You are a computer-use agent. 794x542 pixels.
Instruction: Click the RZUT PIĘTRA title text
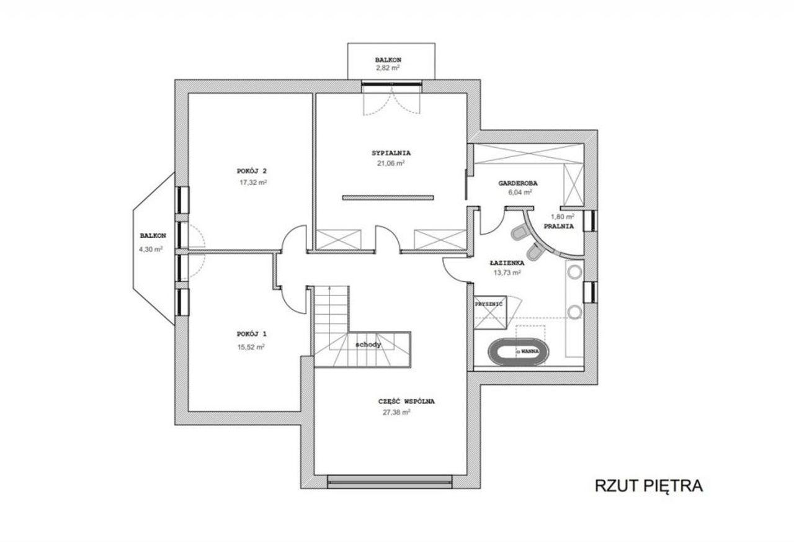pyautogui.click(x=648, y=486)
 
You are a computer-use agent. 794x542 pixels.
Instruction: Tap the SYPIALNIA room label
pyautogui.click(x=391, y=153)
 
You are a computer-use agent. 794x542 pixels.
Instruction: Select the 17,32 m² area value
pyautogui.click(x=253, y=183)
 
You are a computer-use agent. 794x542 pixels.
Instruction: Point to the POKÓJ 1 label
pyautogui.click(x=252, y=334)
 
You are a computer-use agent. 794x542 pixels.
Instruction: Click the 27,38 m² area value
pyautogui.click(x=396, y=412)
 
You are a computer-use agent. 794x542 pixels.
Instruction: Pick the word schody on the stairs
pyautogui.click(x=368, y=345)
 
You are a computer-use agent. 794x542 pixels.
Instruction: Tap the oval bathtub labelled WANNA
pyautogui.click(x=518, y=352)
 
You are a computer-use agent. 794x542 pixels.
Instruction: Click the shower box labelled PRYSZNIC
pyautogui.click(x=491, y=312)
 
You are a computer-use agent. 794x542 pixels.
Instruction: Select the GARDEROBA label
pyautogui.click(x=518, y=183)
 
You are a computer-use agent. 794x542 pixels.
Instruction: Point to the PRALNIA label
pyautogui.click(x=559, y=227)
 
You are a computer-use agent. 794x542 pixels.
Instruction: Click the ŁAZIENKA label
pyautogui.click(x=507, y=263)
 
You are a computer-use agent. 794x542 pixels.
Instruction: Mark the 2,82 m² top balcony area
pyautogui.click(x=388, y=68)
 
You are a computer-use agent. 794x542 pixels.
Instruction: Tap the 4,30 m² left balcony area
pyautogui.click(x=151, y=250)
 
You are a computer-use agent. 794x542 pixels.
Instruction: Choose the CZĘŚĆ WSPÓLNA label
pyautogui.click(x=406, y=402)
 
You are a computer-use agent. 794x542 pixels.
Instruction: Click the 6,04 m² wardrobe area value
pyautogui.click(x=520, y=192)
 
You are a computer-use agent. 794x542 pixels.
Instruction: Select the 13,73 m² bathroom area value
pyautogui.click(x=507, y=273)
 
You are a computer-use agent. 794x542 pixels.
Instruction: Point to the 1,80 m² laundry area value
pyautogui.click(x=563, y=217)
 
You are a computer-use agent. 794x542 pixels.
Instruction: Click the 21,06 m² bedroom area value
pyautogui.click(x=391, y=163)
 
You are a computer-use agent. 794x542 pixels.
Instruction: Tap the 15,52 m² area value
pyautogui.click(x=251, y=347)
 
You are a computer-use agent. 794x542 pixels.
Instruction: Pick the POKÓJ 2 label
pyautogui.click(x=252, y=171)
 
